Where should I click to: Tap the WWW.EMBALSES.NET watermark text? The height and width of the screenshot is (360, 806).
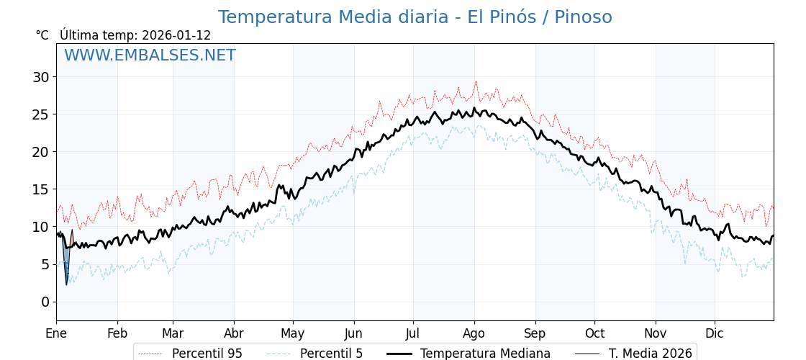(x=150, y=55)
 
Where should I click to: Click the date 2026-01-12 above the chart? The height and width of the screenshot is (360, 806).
(x=176, y=35)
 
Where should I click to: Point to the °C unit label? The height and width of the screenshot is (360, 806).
(x=42, y=35)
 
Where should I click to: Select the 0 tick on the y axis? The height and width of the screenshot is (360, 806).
(x=45, y=302)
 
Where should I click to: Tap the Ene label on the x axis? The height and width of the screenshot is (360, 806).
(x=56, y=333)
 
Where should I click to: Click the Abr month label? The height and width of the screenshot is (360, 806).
(x=234, y=333)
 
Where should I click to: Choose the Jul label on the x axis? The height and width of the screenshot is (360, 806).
(x=413, y=333)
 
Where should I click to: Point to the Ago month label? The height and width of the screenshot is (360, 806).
(x=474, y=333)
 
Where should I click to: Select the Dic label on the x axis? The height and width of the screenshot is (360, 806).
(x=715, y=333)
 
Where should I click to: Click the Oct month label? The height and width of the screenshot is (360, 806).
(x=594, y=333)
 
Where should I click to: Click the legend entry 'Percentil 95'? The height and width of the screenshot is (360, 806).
(x=207, y=354)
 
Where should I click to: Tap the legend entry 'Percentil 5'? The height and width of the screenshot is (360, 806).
(x=331, y=354)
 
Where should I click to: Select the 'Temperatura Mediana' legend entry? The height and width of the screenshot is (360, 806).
(x=485, y=354)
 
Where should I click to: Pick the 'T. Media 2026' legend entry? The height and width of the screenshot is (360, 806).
(x=650, y=354)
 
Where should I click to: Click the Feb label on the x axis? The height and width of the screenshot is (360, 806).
(x=117, y=333)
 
